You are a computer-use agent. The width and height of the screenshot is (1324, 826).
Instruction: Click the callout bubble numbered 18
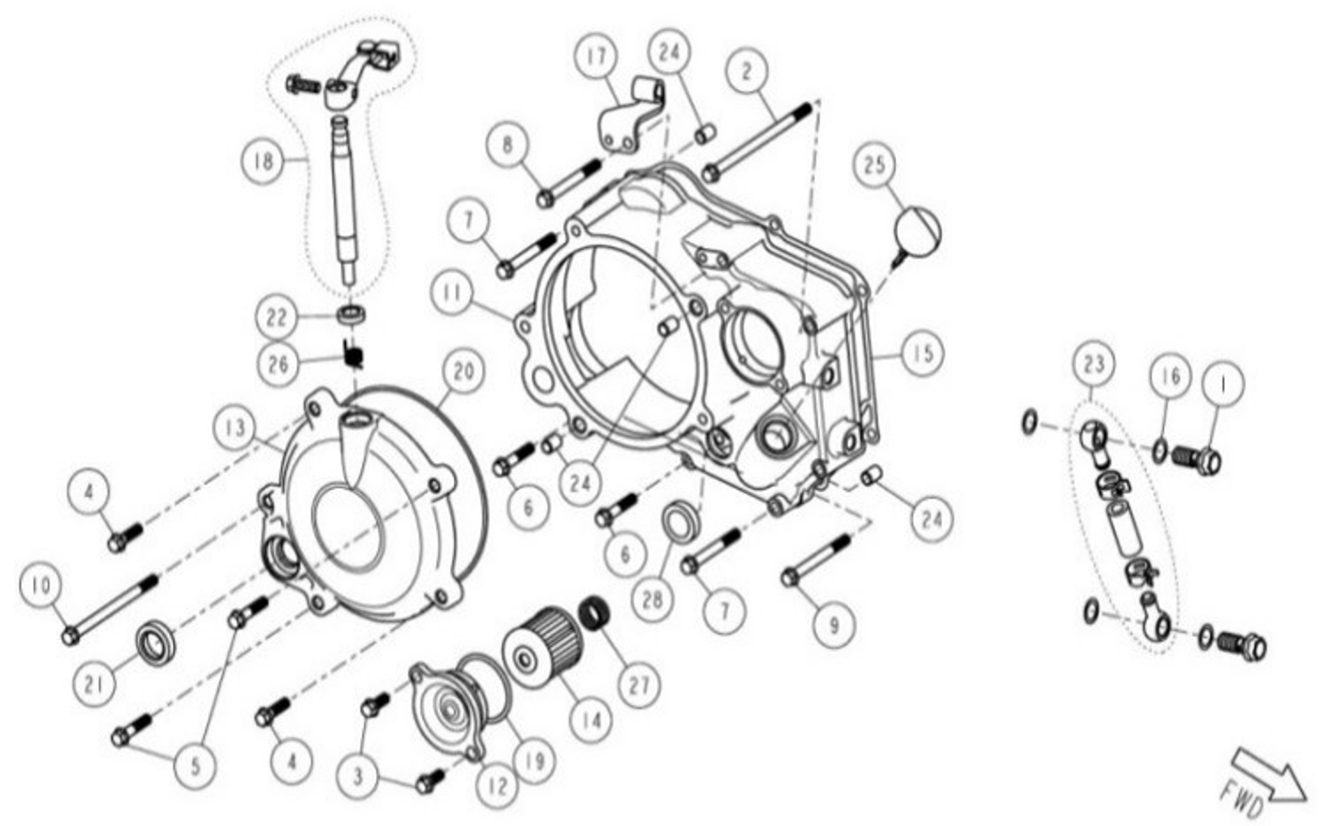[x=264, y=159]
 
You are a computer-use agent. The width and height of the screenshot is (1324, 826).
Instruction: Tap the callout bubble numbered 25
[x=875, y=163]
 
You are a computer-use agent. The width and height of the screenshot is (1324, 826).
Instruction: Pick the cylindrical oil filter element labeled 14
[x=544, y=654]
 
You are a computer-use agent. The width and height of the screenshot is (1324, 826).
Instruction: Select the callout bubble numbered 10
[x=40, y=584]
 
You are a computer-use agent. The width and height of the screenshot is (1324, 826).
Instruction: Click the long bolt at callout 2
[x=758, y=139]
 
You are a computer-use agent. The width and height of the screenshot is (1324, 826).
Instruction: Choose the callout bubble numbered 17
[x=595, y=57]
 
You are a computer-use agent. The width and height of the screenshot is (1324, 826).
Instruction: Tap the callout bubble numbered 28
[x=652, y=599]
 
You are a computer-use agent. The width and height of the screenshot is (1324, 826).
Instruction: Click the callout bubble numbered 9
[x=833, y=625]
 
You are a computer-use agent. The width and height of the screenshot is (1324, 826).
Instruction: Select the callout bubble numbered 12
[x=497, y=785]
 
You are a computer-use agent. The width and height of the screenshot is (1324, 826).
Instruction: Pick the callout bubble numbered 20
[x=463, y=371]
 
